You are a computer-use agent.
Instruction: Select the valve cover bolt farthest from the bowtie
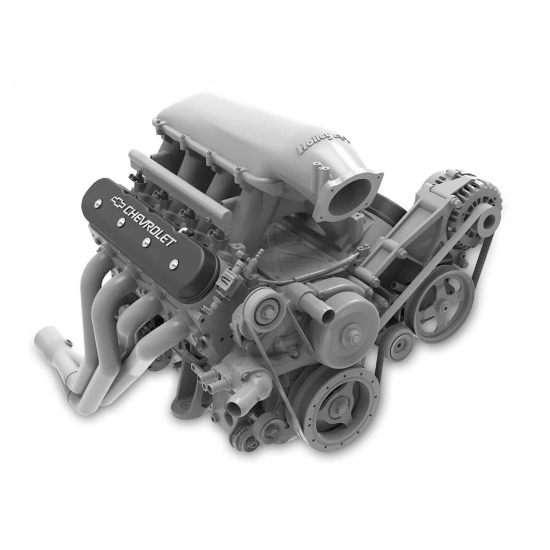click(x=174, y=264)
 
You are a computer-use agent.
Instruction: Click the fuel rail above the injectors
click(x=178, y=184)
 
